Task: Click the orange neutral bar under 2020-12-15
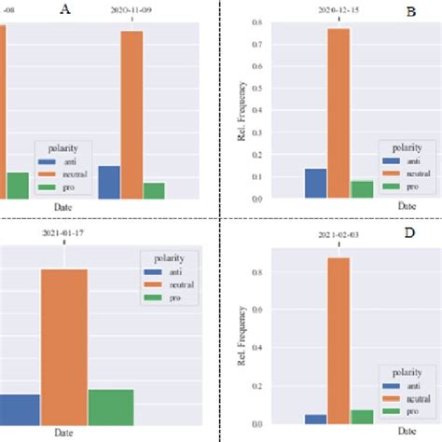coord(338,113)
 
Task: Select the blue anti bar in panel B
coord(315,184)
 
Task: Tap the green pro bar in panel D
coord(361,417)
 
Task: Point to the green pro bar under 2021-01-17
coord(111,407)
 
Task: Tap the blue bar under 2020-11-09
coord(109,182)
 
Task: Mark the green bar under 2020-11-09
coord(155,190)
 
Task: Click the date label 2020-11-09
coord(132,10)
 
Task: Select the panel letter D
coord(408,231)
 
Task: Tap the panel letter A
coord(64,9)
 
